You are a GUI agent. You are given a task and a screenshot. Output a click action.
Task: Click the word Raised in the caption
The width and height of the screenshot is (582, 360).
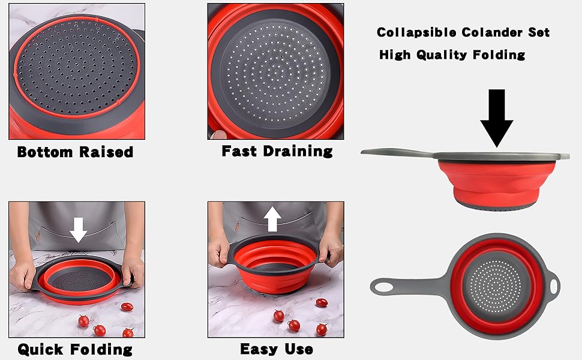click(x=106, y=152)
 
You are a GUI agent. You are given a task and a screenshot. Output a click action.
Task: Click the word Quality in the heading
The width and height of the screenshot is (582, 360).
click(x=441, y=55)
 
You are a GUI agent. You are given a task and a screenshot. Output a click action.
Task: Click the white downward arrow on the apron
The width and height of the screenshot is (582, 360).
click(x=78, y=229)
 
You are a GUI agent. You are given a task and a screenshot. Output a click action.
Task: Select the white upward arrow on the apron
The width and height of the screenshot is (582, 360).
click(x=273, y=220)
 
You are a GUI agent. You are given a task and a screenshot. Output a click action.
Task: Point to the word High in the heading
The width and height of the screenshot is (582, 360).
click(x=394, y=55)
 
